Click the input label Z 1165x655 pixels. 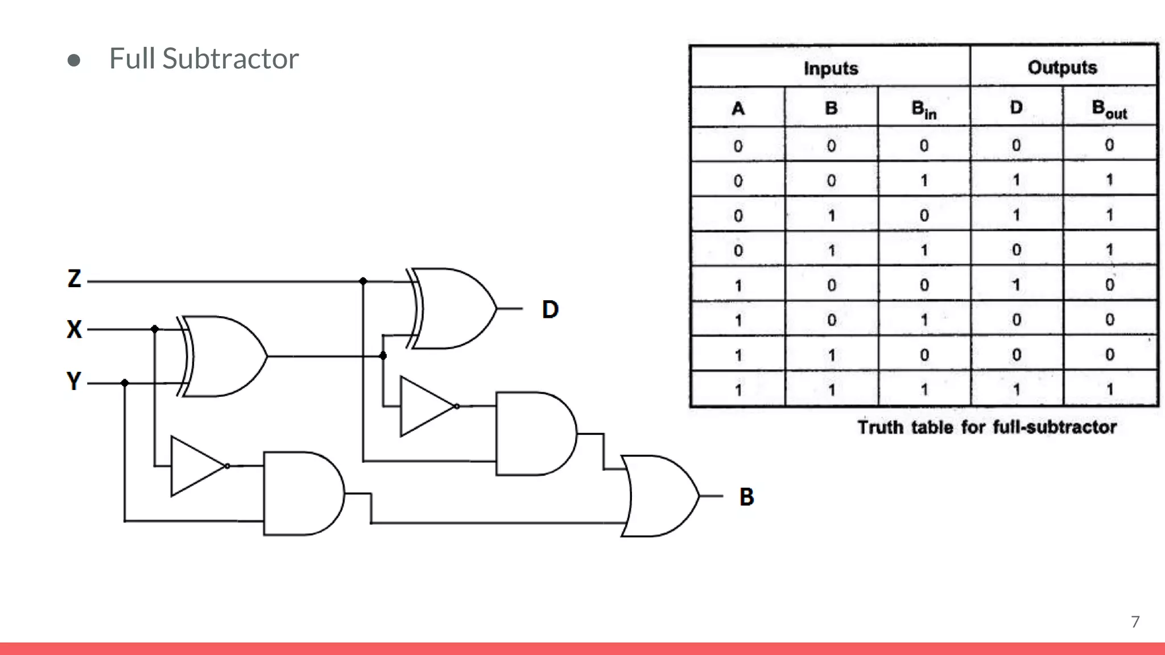74,279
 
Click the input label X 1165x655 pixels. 74,329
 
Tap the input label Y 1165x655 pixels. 74,381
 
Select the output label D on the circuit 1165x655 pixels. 550,310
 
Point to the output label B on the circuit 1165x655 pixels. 746,497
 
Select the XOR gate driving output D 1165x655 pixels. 453,309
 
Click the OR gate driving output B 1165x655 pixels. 660,496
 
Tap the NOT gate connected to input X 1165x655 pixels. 197,466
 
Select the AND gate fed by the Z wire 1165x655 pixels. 535,434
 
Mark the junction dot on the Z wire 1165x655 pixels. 363,281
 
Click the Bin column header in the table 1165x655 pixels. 923,109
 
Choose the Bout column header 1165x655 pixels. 1109,109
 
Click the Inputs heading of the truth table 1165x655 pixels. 831,68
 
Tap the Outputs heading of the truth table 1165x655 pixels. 1062,68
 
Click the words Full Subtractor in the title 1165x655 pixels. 204,59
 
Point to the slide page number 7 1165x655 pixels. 1135,621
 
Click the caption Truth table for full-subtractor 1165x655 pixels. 986,427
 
